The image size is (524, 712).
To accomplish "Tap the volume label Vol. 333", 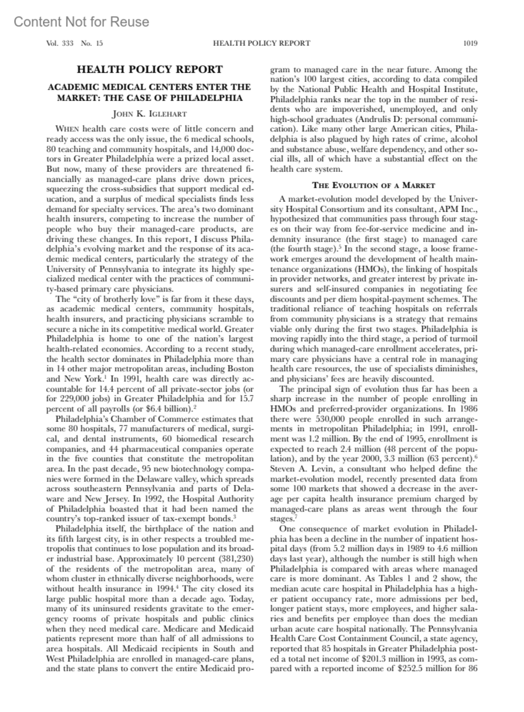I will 60,43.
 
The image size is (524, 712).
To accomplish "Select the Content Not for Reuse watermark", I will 81,22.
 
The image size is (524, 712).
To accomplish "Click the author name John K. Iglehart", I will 149,114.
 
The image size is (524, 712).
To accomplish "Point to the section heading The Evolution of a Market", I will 374,185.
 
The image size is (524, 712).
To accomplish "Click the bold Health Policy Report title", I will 149,70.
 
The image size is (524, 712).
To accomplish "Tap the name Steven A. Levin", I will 296,469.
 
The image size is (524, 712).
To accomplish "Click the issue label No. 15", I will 92,43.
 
